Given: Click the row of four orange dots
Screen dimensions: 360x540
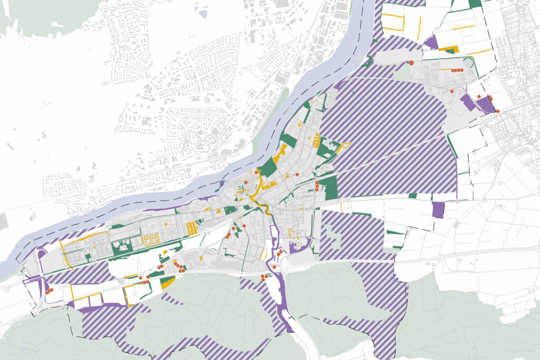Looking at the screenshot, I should click(457, 70).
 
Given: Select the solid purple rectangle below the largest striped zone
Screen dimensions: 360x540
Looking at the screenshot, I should click(438, 209).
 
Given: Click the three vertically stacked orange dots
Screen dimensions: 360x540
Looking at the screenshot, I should click(317, 186).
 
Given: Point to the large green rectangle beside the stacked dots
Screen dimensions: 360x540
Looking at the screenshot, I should click(328, 187).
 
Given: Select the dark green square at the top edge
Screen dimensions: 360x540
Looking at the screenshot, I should click(475, 3).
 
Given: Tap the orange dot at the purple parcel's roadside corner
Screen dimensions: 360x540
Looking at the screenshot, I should click(497, 111).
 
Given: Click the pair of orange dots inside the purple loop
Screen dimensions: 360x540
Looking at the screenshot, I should click(49, 291).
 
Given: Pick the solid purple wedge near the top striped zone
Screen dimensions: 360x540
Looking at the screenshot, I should click(431, 43).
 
